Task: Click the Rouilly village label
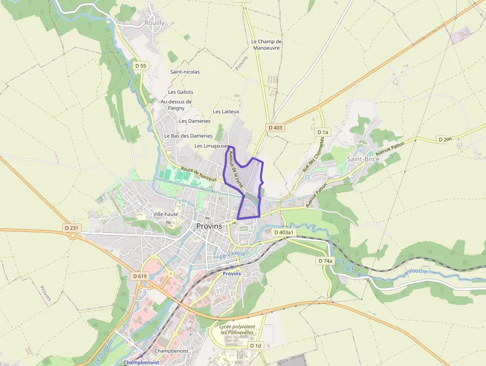pyautogui.click(x=154, y=23)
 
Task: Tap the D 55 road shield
pyautogui.click(x=141, y=66)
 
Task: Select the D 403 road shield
pyautogui.click(x=275, y=128)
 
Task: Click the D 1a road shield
pyautogui.click(x=323, y=132)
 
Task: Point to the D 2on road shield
pyautogui.click(x=445, y=140)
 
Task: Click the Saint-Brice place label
pyautogui.click(x=363, y=159)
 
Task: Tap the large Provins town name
pyautogui.click(x=209, y=226)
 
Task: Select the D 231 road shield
pyautogui.click(x=71, y=228)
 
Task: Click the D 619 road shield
pyautogui.click(x=140, y=276)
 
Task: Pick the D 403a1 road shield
pyautogui.click(x=284, y=232)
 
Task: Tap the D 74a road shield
pyautogui.click(x=325, y=261)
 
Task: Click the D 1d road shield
pyautogui.click(x=255, y=345)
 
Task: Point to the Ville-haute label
pyautogui.click(x=166, y=214)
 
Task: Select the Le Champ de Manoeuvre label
pyautogui.click(x=266, y=45)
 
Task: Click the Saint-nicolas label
pyautogui.click(x=185, y=72)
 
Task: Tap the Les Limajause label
pyautogui.click(x=211, y=146)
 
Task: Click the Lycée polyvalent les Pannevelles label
pyautogui.click(x=237, y=329)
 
